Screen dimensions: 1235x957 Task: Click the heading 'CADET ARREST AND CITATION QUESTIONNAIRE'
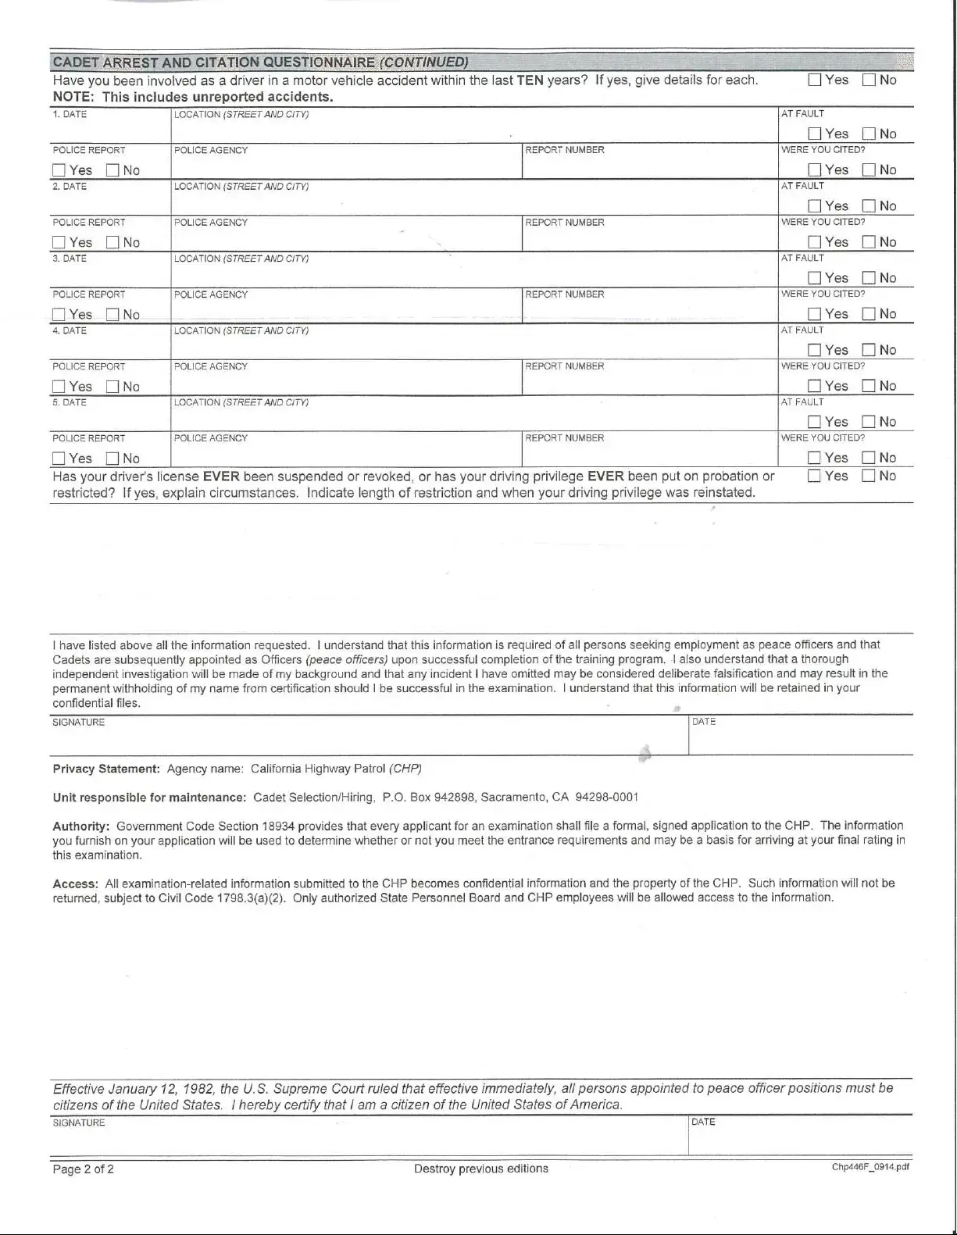click(213, 62)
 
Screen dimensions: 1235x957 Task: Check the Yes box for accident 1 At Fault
click(815, 134)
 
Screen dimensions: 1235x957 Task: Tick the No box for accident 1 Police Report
click(112, 170)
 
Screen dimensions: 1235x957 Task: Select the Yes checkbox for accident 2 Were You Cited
click(815, 242)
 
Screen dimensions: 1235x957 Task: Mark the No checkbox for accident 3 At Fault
click(869, 278)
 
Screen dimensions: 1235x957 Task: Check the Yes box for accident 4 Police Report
click(59, 387)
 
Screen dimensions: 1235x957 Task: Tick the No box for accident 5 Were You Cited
click(869, 459)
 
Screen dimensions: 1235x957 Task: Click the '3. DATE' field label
click(70, 259)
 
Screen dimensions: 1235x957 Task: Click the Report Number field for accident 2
click(649, 238)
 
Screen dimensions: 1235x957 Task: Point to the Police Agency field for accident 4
click(346, 382)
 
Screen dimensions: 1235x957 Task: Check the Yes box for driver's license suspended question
click(815, 477)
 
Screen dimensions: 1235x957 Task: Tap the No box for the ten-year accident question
click(869, 80)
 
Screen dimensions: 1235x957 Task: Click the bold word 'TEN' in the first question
click(530, 80)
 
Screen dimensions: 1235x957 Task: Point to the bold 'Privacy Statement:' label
click(106, 769)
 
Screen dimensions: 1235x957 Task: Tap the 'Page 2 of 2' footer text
click(83, 1169)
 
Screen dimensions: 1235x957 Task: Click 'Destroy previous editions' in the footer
click(480, 1169)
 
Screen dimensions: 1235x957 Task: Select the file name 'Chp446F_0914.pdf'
click(870, 1167)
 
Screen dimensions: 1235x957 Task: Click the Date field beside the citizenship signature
click(800, 1140)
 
